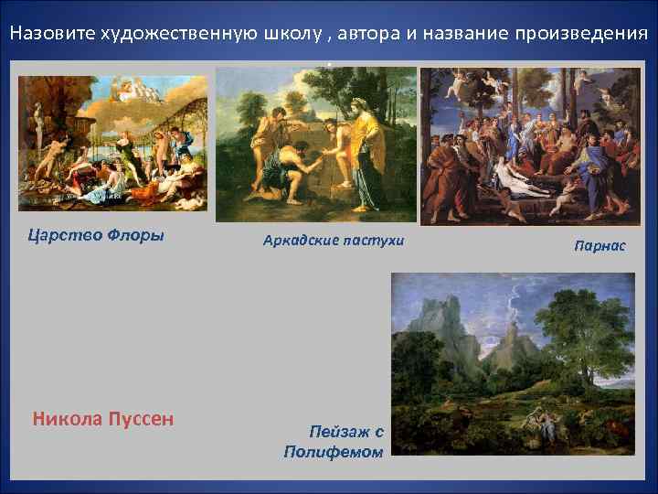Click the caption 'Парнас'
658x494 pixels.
(x=600, y=245)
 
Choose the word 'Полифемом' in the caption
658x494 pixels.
(x=334, y=452)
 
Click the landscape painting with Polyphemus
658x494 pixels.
(x=512, y=365)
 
